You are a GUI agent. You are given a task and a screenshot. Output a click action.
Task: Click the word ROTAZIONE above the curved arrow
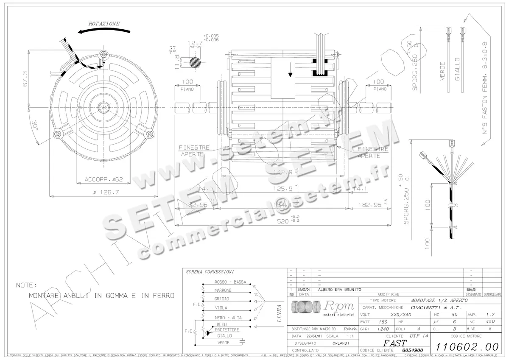point(104,24)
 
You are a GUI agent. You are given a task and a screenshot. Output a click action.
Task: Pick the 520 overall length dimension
point(282,221)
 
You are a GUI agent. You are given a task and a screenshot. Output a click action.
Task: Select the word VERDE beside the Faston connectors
point(442,72)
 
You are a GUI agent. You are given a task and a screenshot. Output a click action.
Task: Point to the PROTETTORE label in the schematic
point(227,329)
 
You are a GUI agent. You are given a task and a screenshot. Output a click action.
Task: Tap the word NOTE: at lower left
point(27,285)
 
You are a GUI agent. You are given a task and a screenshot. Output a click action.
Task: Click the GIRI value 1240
point(383,329)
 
